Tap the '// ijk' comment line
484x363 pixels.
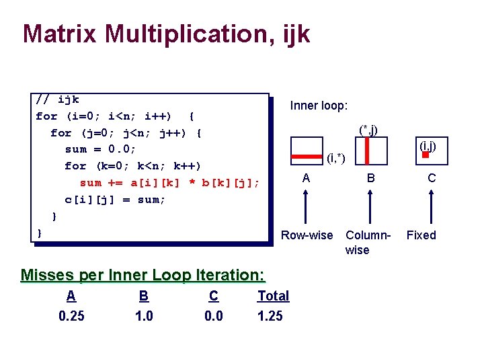point(57,99)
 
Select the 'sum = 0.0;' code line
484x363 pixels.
point(100,149)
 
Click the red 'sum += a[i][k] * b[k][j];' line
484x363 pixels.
point(169,183)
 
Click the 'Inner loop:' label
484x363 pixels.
point(319,106)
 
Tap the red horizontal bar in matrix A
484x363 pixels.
point(306,157)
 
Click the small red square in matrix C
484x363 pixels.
point(426,155)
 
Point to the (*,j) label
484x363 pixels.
point(368,130)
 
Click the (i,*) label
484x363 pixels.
point(335,159)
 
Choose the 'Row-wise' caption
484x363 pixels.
point(307,235)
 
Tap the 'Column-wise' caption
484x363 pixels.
point(368,242)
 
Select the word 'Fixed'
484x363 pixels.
point(421,235)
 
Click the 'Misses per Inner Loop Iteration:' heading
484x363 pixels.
point(143,275)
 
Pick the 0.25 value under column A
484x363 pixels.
point(72,316)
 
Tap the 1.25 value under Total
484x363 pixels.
point(270,316)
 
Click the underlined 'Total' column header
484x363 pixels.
point(273,296)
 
